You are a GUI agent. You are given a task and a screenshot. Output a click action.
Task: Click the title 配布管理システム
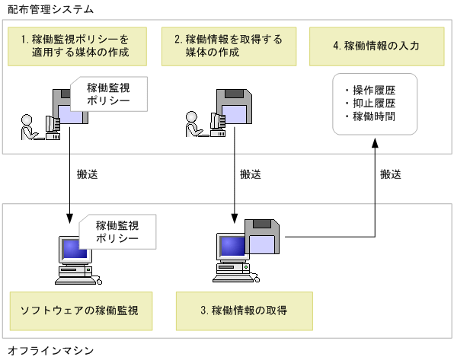point(46,10)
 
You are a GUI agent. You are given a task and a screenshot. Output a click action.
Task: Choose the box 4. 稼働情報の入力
point(375,46)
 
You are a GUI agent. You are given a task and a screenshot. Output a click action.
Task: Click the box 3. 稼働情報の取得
point(244,310)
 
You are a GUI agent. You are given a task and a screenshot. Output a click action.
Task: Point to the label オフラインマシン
point(46,350)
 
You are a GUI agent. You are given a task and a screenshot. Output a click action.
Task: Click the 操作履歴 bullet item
point(374,90)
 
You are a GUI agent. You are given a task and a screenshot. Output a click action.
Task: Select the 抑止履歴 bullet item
point(374,104)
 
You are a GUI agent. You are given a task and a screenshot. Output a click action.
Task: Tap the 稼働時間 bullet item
point(374,117)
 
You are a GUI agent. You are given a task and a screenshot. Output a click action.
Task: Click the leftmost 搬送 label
point(88,174)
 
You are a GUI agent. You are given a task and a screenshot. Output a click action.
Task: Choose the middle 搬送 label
point(250,174)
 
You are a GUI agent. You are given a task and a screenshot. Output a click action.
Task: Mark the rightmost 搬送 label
point(391,174)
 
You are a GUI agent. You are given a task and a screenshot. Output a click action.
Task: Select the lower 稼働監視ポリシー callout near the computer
point(117,231)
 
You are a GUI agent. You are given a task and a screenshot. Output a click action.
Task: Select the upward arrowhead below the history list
point(375,144)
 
